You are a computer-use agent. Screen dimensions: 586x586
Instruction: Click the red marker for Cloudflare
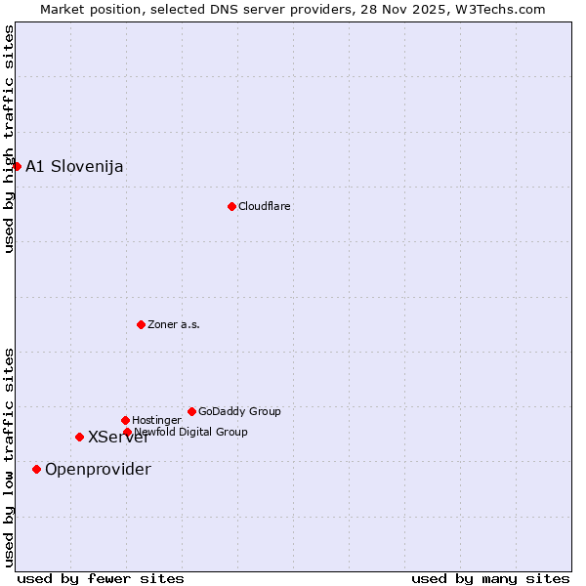231,206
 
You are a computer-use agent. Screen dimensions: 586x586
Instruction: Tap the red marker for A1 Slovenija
17,166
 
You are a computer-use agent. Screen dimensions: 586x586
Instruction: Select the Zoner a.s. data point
141,324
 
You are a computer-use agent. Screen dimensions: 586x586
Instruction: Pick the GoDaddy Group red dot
191,411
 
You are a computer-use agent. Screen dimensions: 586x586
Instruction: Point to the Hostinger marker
125,420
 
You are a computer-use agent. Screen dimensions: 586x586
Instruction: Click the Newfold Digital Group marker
127,432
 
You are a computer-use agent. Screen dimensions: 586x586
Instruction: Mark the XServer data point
79,437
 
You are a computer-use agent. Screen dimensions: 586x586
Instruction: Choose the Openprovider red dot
36,469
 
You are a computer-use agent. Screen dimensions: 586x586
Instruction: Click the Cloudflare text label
265,206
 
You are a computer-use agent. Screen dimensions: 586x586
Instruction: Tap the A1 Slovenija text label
74,166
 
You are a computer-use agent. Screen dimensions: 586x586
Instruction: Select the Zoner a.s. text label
174,324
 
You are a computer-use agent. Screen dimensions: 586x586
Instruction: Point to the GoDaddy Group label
239,411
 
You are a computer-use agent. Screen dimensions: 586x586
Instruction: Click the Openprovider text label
98,469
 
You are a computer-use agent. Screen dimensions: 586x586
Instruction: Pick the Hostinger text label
156,420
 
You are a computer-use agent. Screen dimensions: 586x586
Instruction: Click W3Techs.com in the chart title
497,10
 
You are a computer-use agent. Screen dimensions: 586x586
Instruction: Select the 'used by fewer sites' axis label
101,578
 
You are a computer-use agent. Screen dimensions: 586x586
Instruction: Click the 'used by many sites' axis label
490,578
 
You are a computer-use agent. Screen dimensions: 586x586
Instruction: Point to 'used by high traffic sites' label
9,140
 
